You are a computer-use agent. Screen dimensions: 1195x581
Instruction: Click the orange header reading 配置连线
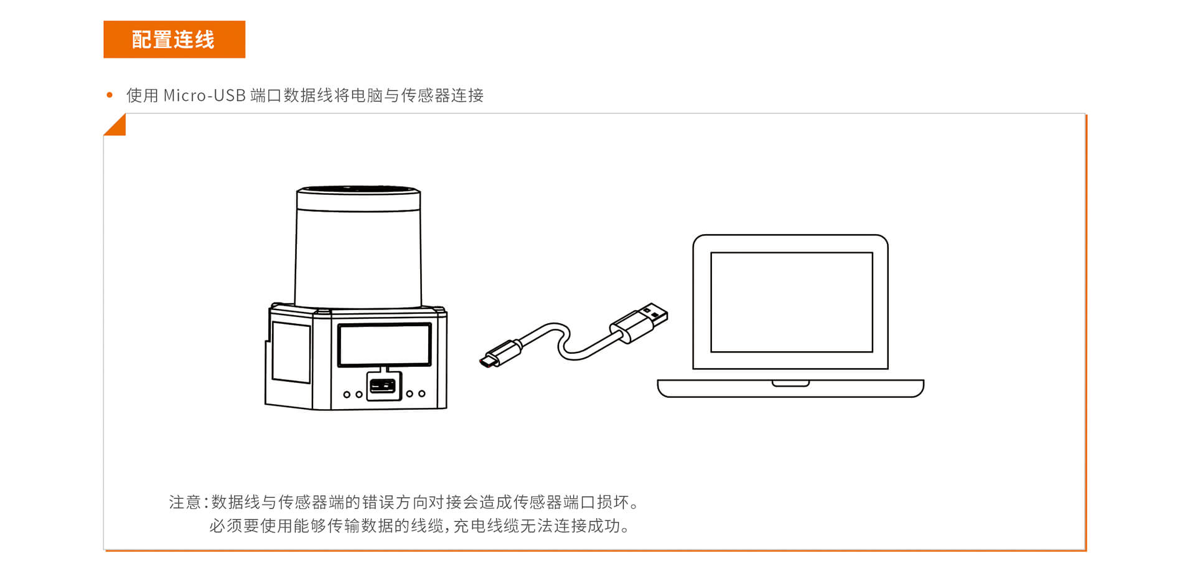(x=174, y=39)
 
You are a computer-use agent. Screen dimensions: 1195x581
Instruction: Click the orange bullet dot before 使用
(x=110, y=95)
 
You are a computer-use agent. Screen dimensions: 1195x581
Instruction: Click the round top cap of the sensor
(x=358, y=198)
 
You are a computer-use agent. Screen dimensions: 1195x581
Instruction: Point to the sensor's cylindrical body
(x=358, y=258)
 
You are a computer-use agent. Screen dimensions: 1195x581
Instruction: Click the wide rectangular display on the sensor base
(x=385, y=345)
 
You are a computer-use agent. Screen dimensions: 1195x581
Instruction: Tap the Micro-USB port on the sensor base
(x=383, y=386)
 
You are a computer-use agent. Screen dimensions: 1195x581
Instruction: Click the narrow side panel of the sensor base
(x=291, y=352)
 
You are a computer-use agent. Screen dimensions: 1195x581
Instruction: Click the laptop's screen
(x=792, y=302)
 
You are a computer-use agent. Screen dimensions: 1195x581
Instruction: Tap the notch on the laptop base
(x=790, y=383)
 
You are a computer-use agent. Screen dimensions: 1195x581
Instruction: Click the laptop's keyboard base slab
(x=790, y=389)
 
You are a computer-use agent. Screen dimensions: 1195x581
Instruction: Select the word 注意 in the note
(x=185, y=502)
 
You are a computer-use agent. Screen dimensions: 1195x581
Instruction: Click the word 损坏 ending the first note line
(x=612, y=502)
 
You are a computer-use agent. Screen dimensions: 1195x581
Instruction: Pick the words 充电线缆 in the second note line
(x=486, y=526)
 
